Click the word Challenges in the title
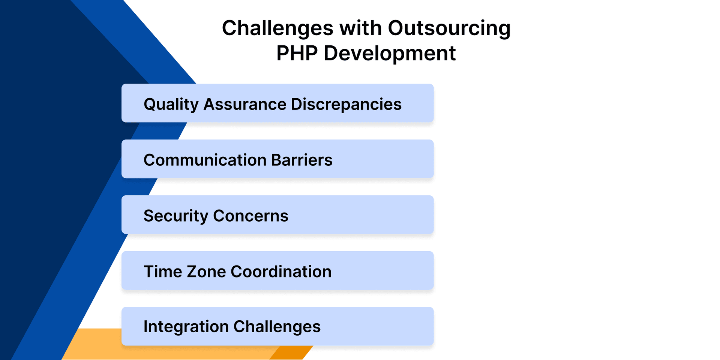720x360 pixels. click(277, 28)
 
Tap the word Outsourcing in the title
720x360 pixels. click(449, 28)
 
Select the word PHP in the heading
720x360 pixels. click(297, 53)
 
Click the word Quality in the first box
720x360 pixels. click(171, 104)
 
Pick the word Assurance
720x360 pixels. click(244, 104)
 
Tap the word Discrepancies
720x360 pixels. click(346, 104)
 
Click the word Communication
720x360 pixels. click(205, 160)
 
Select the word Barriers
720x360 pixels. click(301, 160)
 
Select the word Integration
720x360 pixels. click(186, 327)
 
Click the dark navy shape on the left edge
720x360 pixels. click(37, 150)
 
